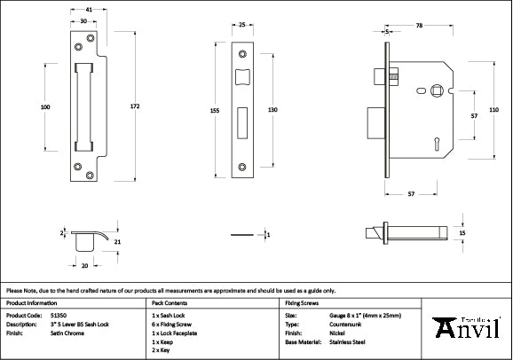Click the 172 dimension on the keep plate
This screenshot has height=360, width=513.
(x=135, y=106)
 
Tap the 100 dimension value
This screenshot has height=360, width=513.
(x=45, y=106)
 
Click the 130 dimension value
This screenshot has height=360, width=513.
(x=273, y=109)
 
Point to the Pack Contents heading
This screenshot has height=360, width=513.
(x=168, y=302)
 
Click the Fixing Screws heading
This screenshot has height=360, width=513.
(x=302, y=302)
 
